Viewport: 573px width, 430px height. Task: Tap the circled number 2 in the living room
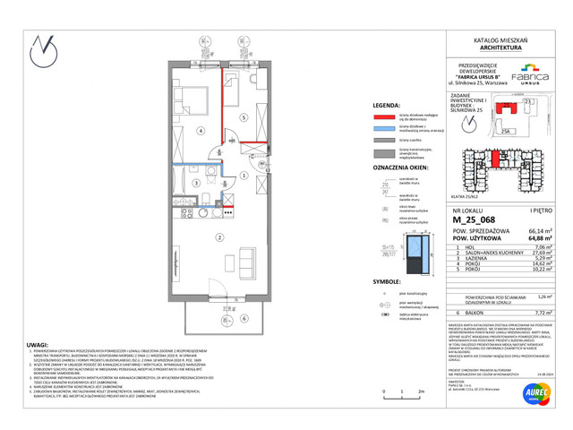point(192,237)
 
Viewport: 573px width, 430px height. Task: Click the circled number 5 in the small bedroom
point(242,117)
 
